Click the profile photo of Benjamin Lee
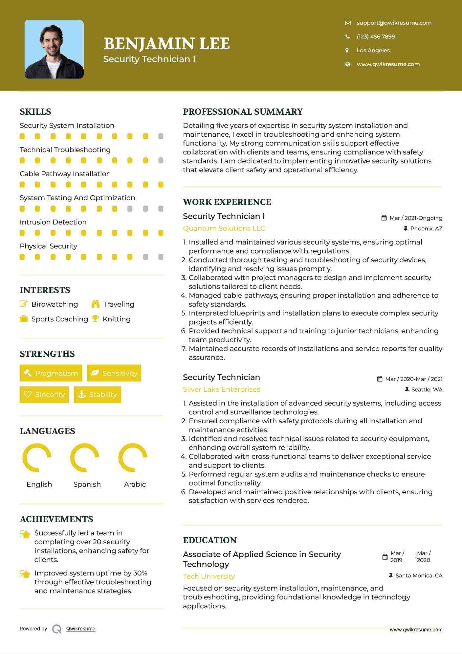54,49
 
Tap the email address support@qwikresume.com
394,23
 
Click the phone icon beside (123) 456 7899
347,36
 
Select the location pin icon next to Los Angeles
347,50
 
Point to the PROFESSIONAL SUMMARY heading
243,112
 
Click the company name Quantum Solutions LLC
224,228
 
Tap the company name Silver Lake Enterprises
221,389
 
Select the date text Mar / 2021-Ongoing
415,218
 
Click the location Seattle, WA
427,389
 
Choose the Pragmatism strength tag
51,373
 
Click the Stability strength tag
98,394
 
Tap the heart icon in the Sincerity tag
28,394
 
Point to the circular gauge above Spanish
85,457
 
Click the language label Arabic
135,484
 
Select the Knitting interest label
117,319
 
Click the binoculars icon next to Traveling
96,304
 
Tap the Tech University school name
209,576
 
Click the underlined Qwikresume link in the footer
81,629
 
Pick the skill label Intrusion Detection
53,222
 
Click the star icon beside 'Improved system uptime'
25,574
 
